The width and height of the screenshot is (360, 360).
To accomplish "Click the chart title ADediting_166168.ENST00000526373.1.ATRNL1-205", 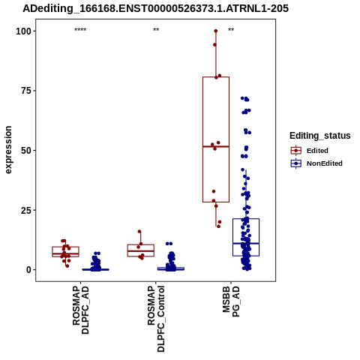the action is [x=155, y=8].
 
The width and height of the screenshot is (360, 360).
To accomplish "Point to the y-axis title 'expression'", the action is [x=8, y=150].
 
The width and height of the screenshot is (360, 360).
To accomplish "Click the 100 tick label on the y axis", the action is [x=23, y=31].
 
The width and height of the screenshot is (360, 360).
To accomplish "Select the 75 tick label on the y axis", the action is [x=26, y=91].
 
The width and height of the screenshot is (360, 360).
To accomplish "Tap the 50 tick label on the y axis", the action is [x=26, y=151].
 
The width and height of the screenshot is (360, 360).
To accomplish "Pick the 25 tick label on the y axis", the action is [x=26, y=210].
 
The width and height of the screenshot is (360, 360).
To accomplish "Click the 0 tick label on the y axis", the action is [x=29, y=270].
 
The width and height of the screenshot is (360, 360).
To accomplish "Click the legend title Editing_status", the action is [x=320, y=136].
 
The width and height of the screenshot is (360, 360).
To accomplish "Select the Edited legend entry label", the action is [x=317, y=151].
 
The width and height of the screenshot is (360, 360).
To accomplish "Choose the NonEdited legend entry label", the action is [x=325, y=163].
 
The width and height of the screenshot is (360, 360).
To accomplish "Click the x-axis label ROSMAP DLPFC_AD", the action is [x=81, y=310].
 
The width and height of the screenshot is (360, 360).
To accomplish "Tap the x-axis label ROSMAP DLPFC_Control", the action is [x=156, y=319].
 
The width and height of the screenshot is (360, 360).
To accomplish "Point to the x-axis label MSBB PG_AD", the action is [x=231, y=301].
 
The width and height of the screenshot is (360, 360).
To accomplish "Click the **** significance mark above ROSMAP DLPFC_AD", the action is [x=80, y=30].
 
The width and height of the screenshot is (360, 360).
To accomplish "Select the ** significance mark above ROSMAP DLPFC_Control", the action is [x=156, y=30].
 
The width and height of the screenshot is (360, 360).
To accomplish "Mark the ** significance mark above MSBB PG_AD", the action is [x=231, y=30].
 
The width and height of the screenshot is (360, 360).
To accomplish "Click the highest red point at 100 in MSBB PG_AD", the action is [x=216, y=31].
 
